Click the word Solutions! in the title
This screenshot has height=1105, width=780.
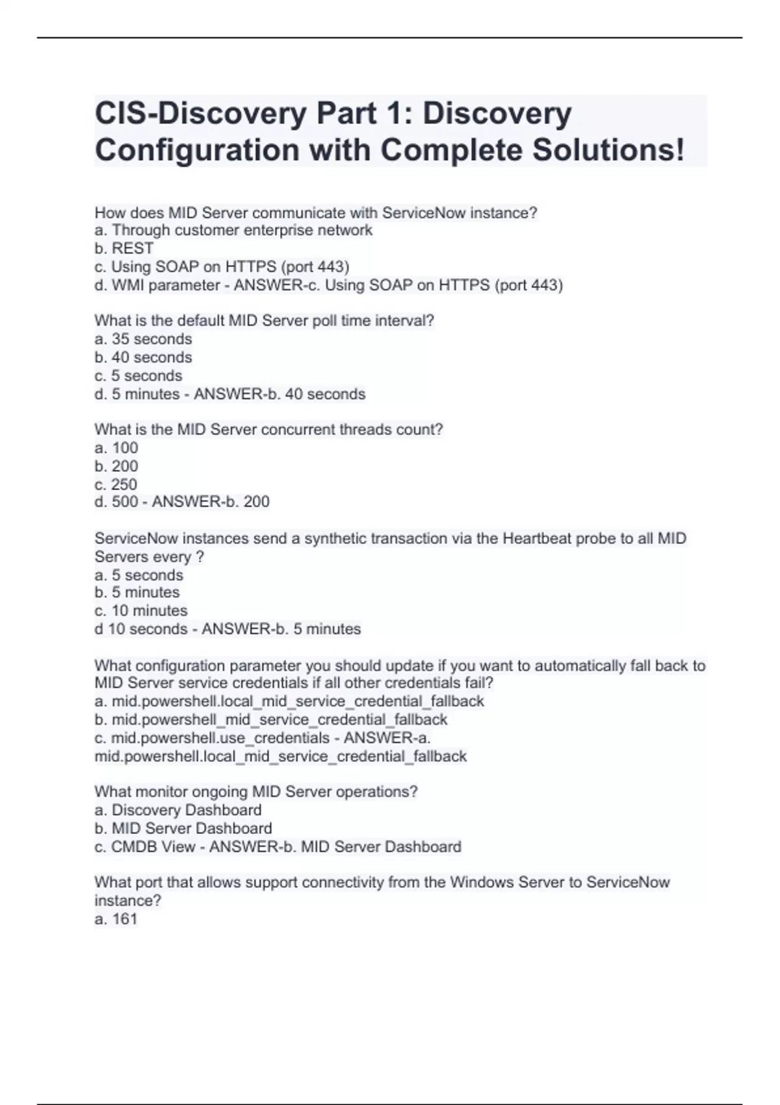tap(608, 150)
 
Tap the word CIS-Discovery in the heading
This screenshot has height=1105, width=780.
tap(200, 114)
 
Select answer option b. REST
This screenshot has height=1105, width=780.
tap(123, 248)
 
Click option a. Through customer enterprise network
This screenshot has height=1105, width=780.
tap(233, 230)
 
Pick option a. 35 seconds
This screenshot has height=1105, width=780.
tap(143, 339)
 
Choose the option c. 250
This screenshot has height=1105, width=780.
tap(116, 484)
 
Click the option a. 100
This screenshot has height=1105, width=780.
tap(116, 448)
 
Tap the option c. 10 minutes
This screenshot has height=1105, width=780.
tap(141, 610)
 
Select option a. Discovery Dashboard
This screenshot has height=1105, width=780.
tap(178, 810)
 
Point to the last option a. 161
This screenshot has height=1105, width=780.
tap(116, 919)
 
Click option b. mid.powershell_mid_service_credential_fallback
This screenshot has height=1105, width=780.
tap(271, 720)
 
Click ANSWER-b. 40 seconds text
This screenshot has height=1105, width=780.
tap(279, 394)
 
